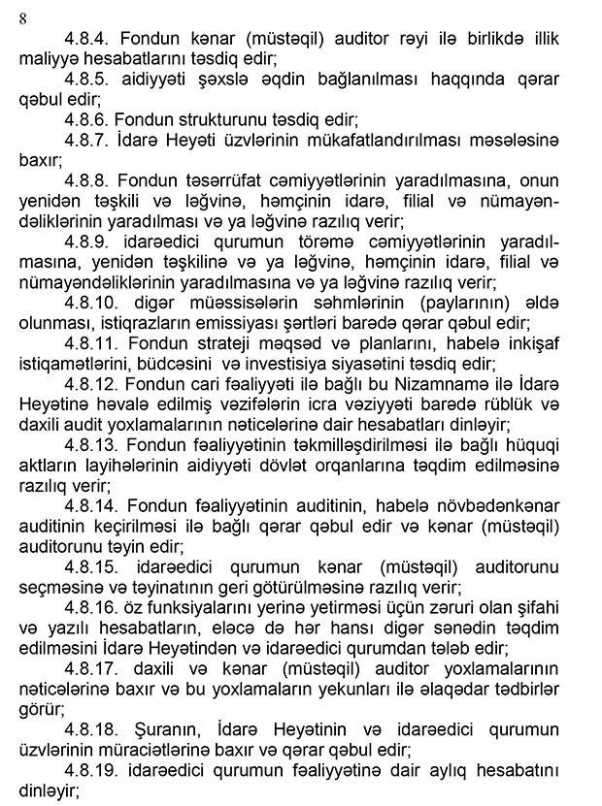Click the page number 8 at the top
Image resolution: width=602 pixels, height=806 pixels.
21,16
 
